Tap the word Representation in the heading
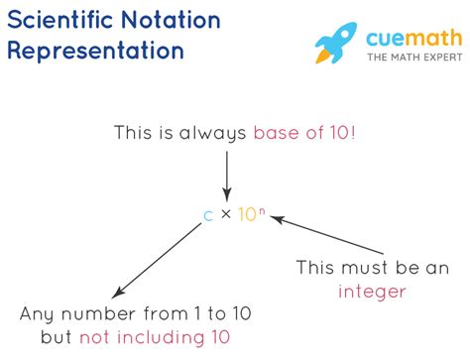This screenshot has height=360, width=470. [95, 50]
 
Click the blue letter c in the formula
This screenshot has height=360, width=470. [207, 215]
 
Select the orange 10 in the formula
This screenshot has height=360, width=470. [244, 214]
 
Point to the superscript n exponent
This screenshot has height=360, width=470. [260, 209]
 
